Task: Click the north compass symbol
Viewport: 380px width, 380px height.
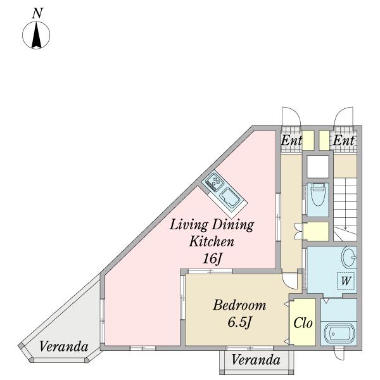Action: (36, 35)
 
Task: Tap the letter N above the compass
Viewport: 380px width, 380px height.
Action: (37, 13)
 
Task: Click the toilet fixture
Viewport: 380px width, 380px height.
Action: (318, 194)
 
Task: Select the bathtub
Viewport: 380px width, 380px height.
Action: (339, 334)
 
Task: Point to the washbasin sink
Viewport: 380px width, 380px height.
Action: (349, 257)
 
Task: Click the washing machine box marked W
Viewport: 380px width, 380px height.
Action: (346, 281)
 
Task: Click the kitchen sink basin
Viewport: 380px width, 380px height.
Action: (229, 198)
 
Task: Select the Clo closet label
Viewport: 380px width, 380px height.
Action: (303, 323)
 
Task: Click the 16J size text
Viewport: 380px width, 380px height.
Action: (212, 259)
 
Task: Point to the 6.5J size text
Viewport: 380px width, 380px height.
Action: (239, 322)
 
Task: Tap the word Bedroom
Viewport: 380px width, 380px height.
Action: (239, 305)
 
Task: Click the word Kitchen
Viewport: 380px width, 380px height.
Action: (212, 241)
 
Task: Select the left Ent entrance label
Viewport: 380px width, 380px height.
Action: (291, 141)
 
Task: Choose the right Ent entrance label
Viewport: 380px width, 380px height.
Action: (343, 141)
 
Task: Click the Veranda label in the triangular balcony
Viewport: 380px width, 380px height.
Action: (63, 346)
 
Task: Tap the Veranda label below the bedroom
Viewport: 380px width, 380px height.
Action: (256, 360)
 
